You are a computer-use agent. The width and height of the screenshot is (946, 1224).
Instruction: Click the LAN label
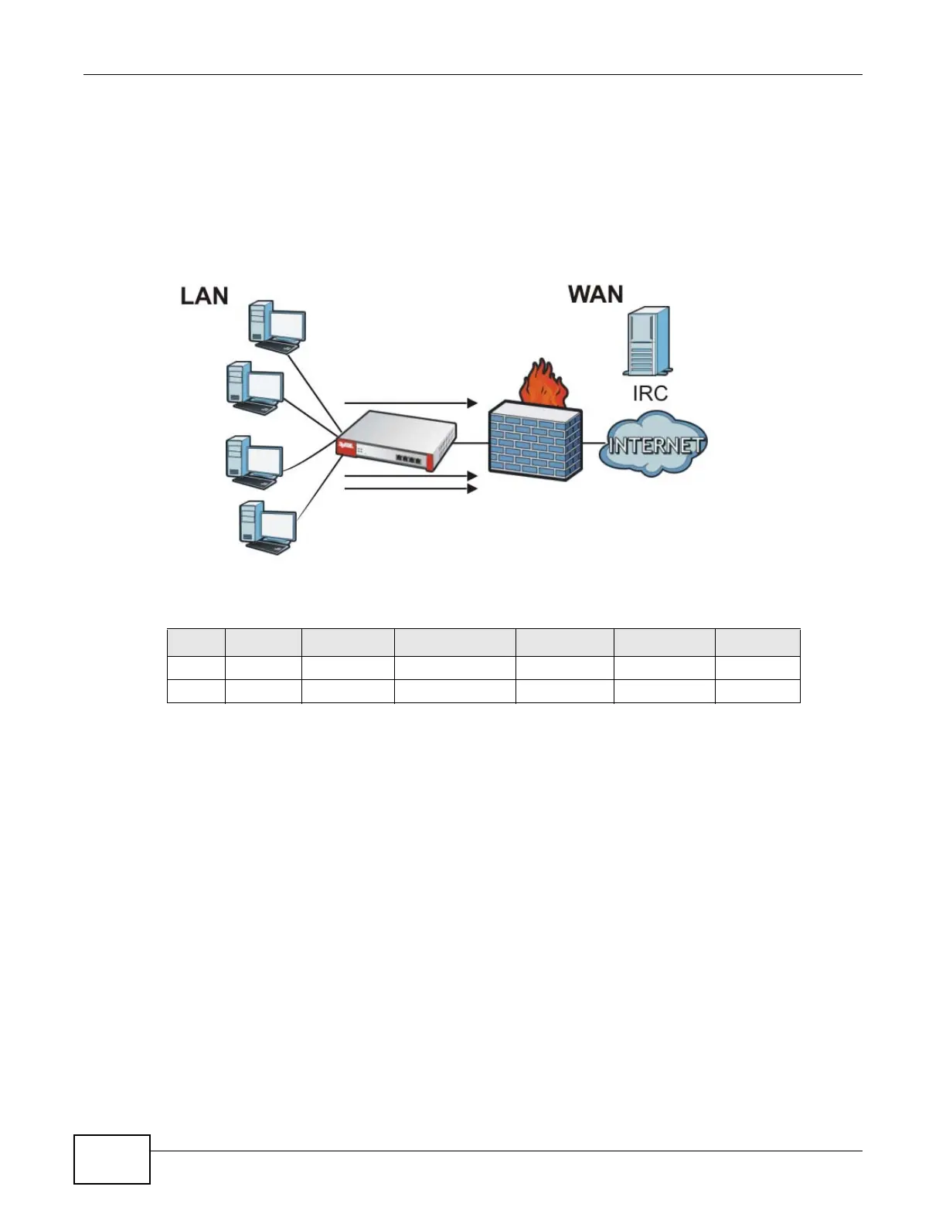coord(204,296)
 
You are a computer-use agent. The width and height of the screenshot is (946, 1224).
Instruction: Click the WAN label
coord(595,294)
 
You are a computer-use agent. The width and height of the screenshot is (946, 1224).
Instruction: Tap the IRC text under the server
coord(649,393)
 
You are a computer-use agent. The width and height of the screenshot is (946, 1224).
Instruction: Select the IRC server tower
coord(647,341)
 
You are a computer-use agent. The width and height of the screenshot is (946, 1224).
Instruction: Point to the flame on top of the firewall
coord(545,384)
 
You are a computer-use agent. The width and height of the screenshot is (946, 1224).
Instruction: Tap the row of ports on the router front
coord(408,458)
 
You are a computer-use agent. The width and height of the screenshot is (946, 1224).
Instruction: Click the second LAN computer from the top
coord(254,388)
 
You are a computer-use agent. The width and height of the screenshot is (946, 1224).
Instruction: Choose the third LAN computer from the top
coord(253,462)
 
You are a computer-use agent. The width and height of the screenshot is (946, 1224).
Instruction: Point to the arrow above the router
coord(410,403)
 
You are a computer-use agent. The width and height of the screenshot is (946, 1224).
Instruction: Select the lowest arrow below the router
coord(410,489)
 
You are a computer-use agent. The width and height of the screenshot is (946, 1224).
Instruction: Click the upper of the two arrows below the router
coord(410,477)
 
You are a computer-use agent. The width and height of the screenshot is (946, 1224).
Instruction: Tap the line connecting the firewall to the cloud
coord(593,444)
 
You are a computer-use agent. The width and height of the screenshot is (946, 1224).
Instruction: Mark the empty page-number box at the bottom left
coord(112,1159)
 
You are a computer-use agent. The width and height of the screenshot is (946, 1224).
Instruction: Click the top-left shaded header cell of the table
coord(196,643)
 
